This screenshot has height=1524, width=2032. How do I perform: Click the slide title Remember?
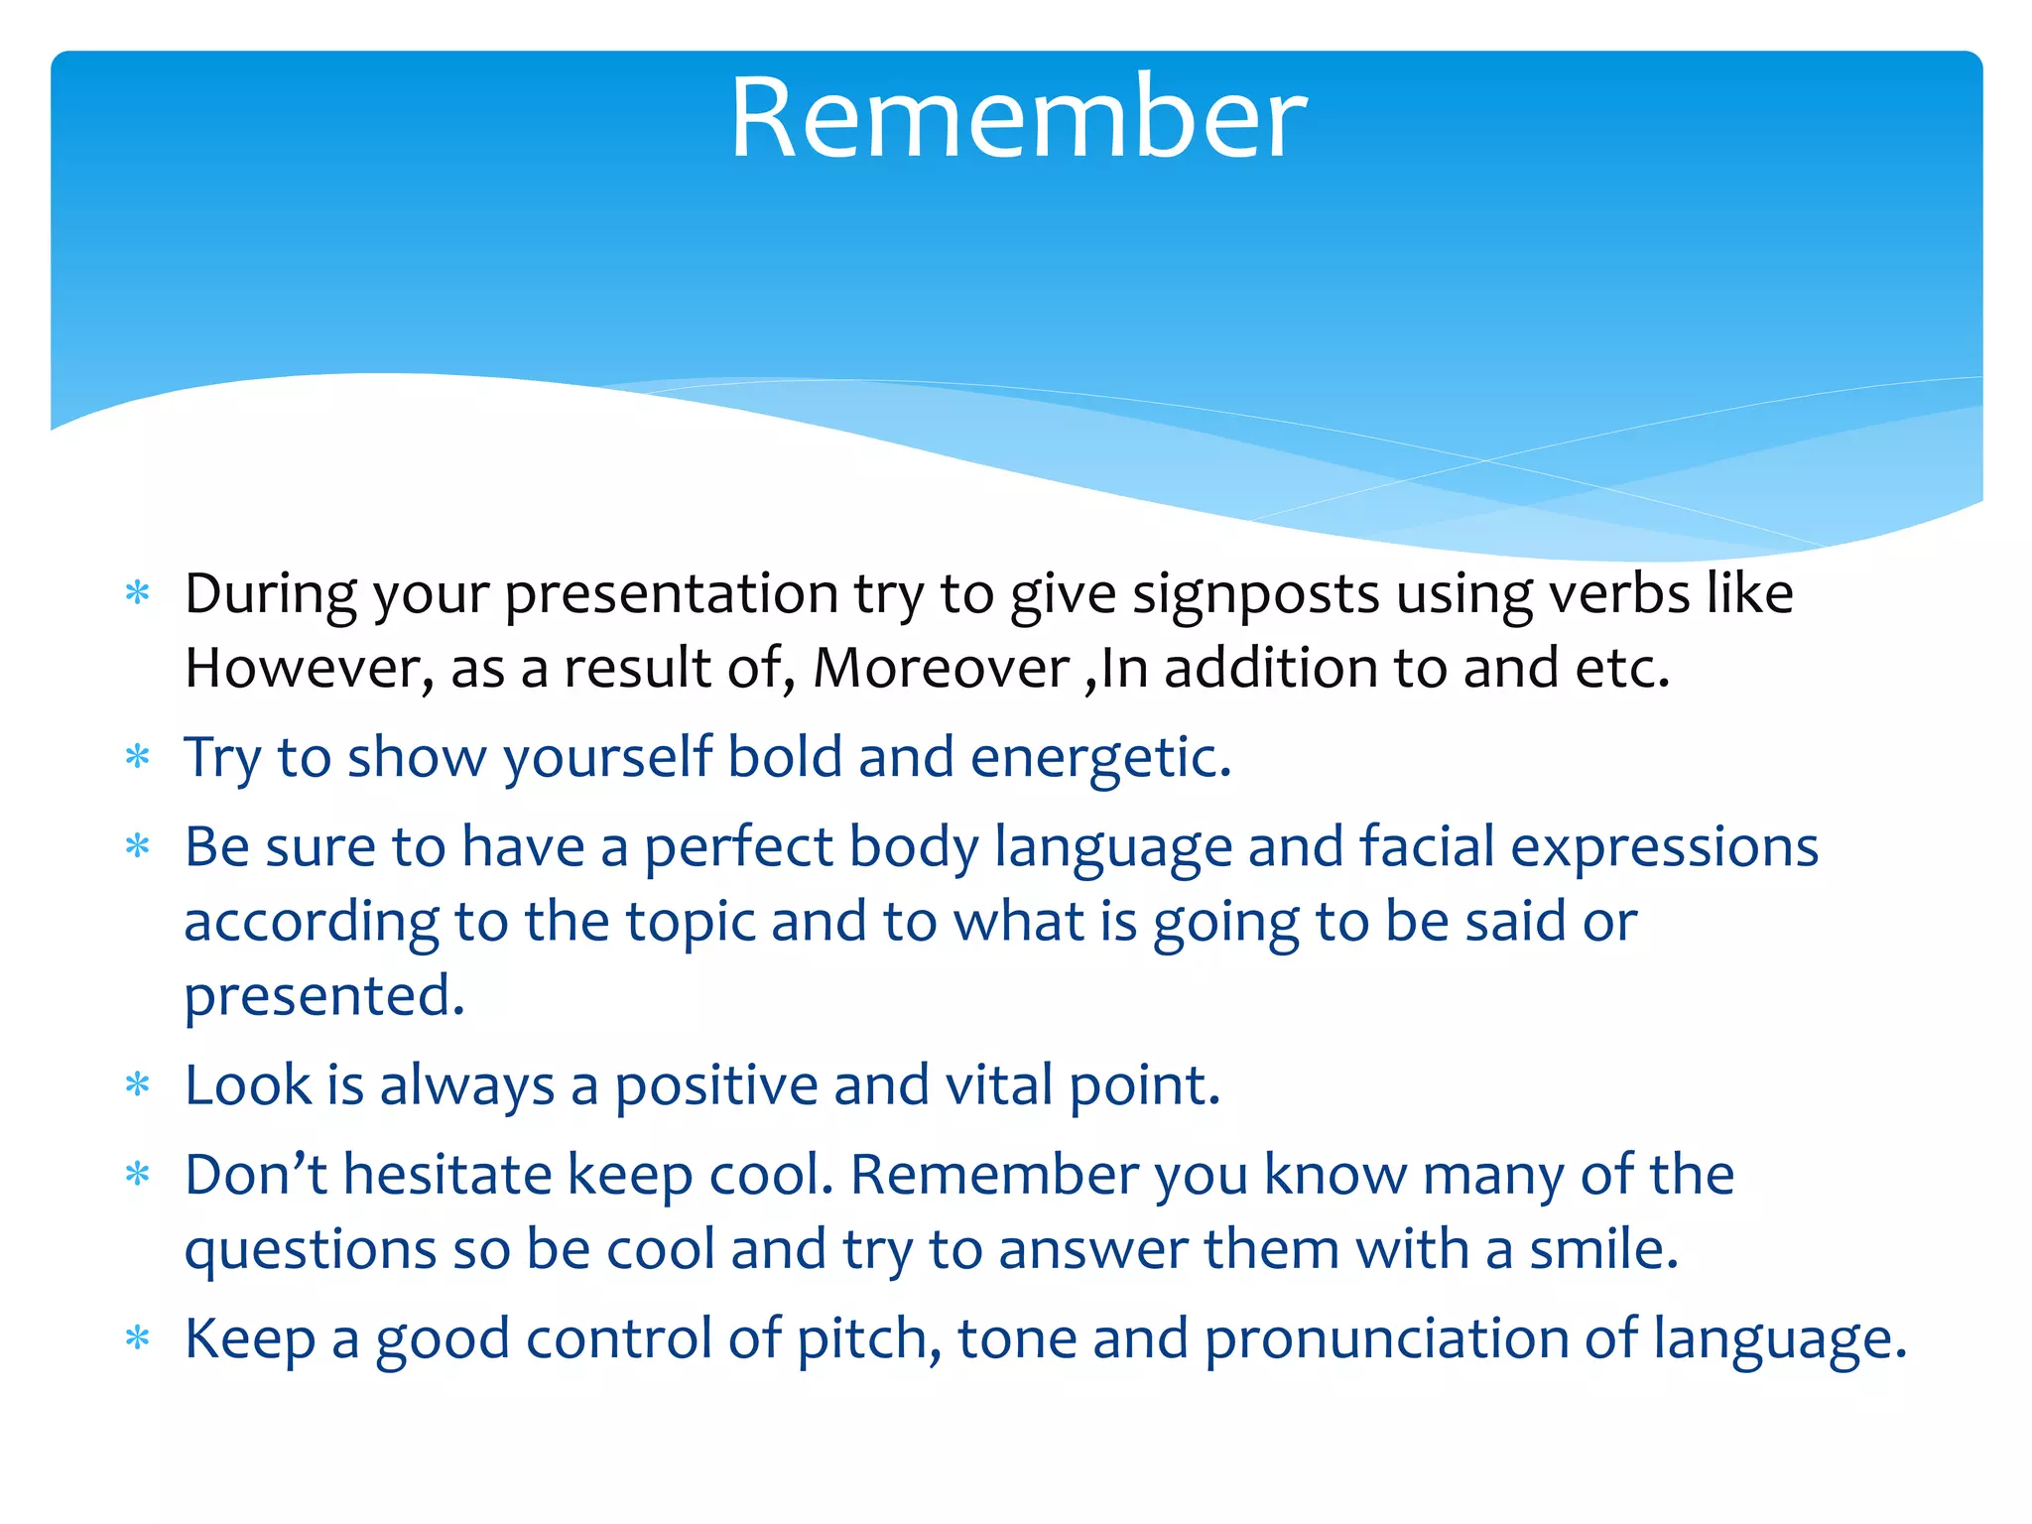click(x=1018, y=119)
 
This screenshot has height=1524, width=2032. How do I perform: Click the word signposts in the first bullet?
click(x=1255, y=594)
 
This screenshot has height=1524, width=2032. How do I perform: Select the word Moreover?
click(x=941, y=668)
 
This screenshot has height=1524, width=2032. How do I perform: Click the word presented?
click(x=323, y=997)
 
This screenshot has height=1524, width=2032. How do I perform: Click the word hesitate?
click(x=446, y=1175)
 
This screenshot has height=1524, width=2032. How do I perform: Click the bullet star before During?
click(x=138, y=594)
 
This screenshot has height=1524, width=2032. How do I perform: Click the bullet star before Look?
click(x=138, y=1085)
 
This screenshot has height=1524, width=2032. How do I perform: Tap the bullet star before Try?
click(x=138, y=758)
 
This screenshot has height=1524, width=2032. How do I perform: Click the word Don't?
click(x=255, y=1175)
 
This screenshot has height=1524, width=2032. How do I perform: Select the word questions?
click(x=311, y=1251)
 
